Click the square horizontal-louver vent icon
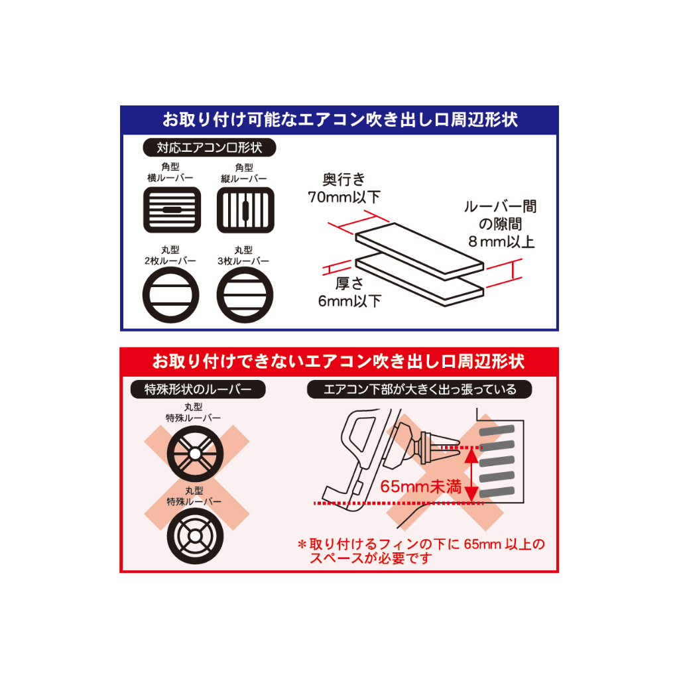coord(172,210)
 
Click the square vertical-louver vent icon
coord(245,210)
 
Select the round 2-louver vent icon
coord(170,295)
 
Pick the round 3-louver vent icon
coord(245,295)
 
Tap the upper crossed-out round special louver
coord(196,454)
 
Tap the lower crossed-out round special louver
coord(196,536)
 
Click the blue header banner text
coord(340,119)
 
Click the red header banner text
coord(339,361)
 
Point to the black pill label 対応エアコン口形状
coord(210,148)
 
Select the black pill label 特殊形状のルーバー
coord(198,389)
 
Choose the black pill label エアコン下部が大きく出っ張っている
coord(420,389)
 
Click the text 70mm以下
coord(344,197)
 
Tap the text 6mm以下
coord(350,301)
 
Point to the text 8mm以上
coord(501,241)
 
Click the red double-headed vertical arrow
coord(472,475)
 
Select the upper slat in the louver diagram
coord(419,249)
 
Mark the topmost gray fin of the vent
coord(497,430)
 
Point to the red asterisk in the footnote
coord(302,544)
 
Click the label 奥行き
coord(344,179)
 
